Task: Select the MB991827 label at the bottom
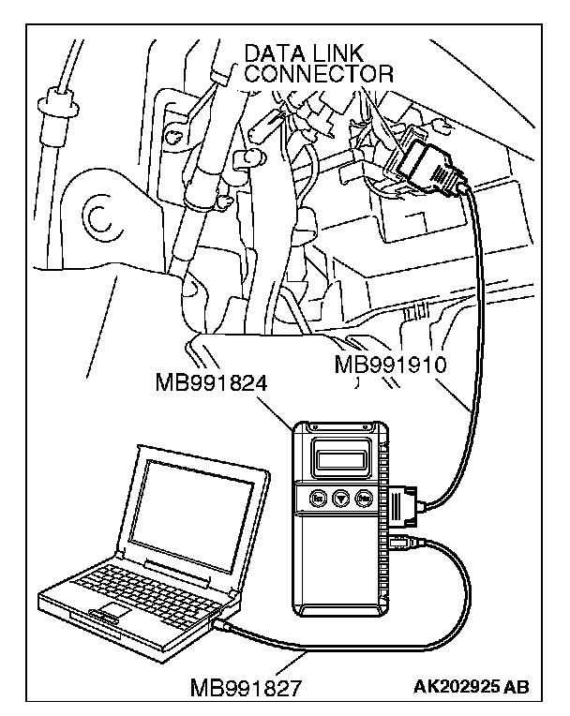point(246,688)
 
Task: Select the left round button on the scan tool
point(317,499)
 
